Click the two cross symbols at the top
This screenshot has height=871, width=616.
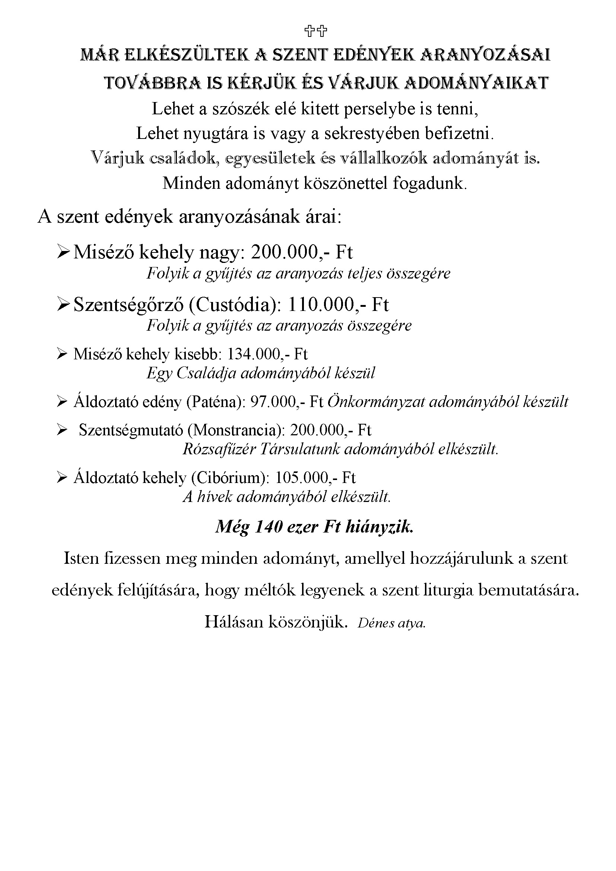pyautogui.click(x=315, y=31)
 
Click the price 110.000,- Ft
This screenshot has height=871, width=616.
pyautogui.click(x=338, y=305)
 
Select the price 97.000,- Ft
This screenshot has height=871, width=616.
pyautogui.click(x=287, y=402)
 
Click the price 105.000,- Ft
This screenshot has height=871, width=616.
pyautogui.click(x=315, y=478)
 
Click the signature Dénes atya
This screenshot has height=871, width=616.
pyautogui.click(x=391, y=624)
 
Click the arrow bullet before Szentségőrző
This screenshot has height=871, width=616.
pyautogui.click(x=62, y=305)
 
